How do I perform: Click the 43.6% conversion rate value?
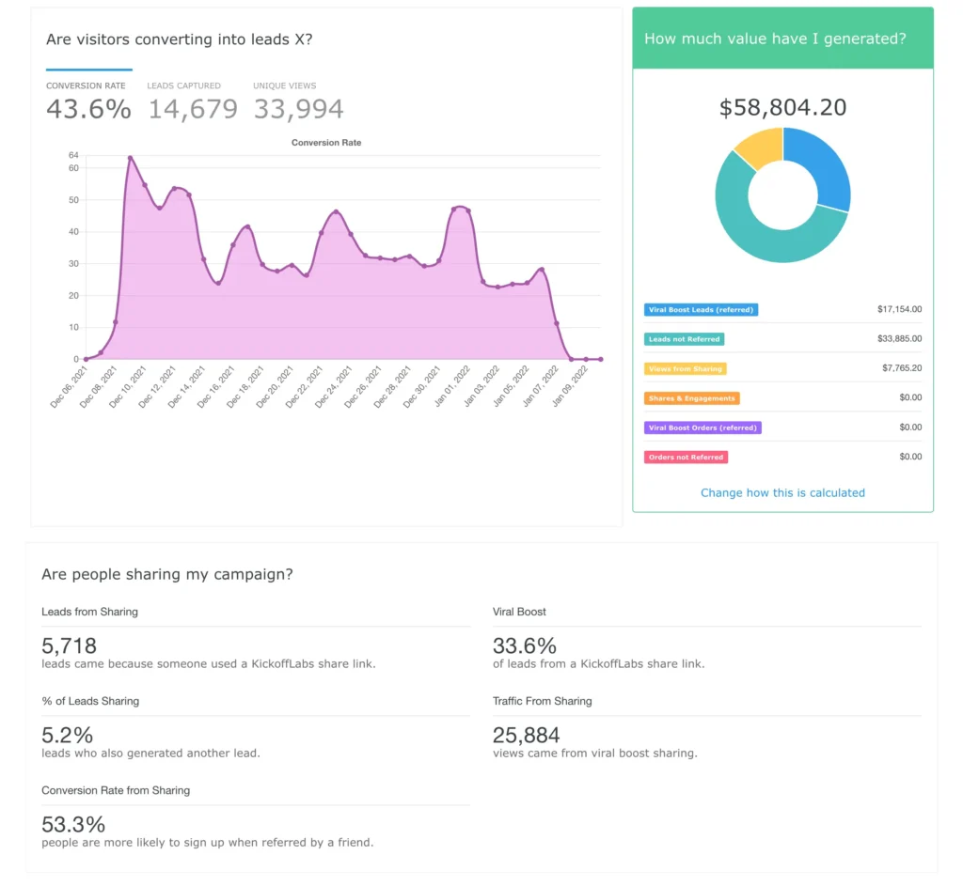point(88,109)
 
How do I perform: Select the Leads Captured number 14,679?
point(193,109)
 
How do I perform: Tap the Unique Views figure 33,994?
point(298,109)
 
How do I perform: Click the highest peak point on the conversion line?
point(130,158)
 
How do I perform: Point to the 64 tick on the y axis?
point(73,155)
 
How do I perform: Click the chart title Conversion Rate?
point(326,143)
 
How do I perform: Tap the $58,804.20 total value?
point(782,108)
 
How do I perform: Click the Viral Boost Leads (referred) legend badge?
point(701,309)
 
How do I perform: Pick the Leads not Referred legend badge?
point(684,339)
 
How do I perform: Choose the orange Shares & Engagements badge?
point(691,398)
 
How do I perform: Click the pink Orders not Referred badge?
point(686,458)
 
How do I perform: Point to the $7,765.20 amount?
point(899,368)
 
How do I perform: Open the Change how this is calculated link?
point(782,492)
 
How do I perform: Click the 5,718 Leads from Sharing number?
point(69,646)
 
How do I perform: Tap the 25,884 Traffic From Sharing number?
point(526,735)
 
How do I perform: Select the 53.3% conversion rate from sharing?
point(73,824)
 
